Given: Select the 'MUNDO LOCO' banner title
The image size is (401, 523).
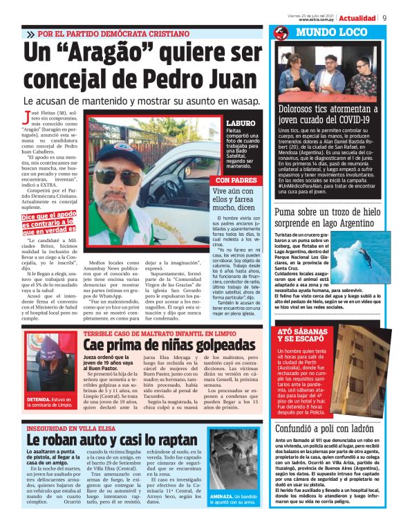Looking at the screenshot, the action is pos(323,33).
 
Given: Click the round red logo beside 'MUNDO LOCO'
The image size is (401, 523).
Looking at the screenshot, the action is pos(281,33).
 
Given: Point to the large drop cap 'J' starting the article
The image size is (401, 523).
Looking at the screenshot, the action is pos(28,117).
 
